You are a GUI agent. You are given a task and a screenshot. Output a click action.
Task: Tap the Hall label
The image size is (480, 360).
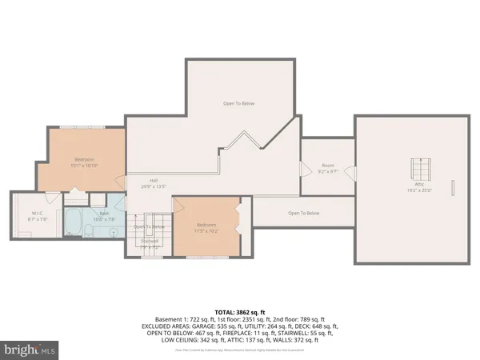click(x=153, y=180)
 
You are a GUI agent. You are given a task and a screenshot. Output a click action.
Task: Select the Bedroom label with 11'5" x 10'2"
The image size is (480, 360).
click(x=206, y=225)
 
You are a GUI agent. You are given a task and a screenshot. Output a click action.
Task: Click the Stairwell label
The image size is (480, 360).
click(x=149, y=241)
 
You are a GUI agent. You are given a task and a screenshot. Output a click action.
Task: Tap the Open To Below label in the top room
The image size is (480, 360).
click(x=238, y=104)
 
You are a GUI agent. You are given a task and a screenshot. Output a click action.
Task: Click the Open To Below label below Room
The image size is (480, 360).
click(x=304, y=213)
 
